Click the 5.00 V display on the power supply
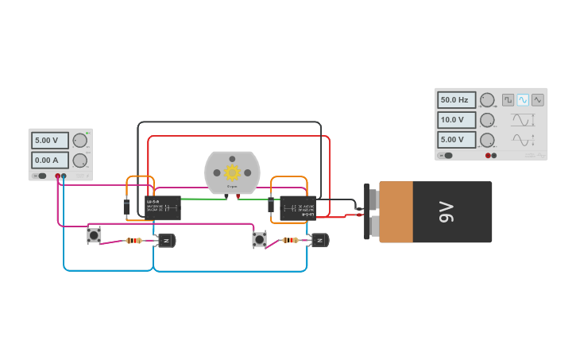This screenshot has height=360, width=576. click(x=49, y=141)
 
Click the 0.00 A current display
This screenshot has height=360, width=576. click(x=49, y=160)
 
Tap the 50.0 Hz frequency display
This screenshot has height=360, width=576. click(x=456, y=100)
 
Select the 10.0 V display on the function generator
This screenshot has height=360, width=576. click(x=456, y=120)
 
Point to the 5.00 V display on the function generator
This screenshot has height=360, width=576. click(x=456, y=140)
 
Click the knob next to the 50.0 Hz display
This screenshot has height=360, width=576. click(x=487, y=100)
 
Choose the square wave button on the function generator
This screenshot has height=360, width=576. click(x=508, y=100)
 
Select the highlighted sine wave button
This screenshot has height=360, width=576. click(x=523, y=100)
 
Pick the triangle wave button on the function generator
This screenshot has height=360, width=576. click(x=538, y=100)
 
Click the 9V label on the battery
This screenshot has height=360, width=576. click(x=446, y=211)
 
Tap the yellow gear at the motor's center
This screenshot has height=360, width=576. click(x=232, y=172)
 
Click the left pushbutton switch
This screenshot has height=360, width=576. click(x=95, y=235)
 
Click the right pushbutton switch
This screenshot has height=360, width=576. click(x=260, y=238)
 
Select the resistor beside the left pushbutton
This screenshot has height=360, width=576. click(x=133, y=240)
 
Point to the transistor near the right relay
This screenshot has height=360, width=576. click(x=320, y=240)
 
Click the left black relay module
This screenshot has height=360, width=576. click(x=163, y=207)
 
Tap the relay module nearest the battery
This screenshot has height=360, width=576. click(x=298, y=208)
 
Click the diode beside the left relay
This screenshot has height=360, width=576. click(x=126, y=207)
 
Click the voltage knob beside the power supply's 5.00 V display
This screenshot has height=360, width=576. click(x=79, y=141)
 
